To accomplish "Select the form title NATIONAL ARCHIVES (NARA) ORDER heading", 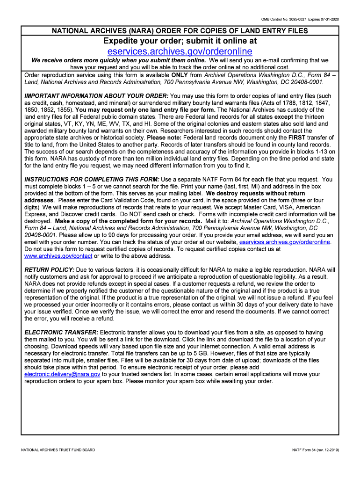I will (x=180, y=31).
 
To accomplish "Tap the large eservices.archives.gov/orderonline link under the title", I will (x=180, y=51).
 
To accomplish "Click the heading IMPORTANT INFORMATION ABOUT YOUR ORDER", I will (x=96, y=96).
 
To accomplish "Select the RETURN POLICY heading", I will (x=49, y=270).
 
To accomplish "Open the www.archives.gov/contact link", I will (x=58, y=256).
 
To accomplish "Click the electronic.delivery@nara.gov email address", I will (x=62, y=374).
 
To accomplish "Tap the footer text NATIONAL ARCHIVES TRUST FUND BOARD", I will (x=58, y=450).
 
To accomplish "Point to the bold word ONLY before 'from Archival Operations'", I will (x=180, y=75).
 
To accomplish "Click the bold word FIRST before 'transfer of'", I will (x=297, y=138).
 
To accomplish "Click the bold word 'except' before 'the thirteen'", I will (x=283, y=117).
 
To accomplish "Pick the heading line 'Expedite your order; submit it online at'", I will (x=180, y=41).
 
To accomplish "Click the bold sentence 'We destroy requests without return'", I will (x=255, y=193).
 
